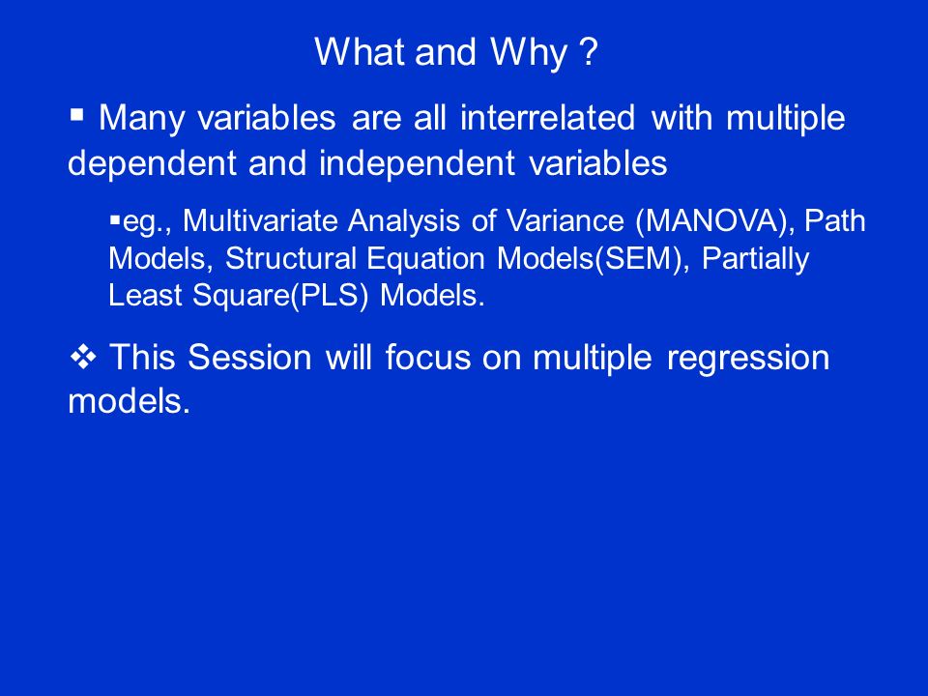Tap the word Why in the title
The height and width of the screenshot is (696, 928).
tap(529, 53)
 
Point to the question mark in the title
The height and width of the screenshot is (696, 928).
tap(590, 51)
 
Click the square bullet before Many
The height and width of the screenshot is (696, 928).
tap(77, 114)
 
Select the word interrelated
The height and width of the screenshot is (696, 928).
tap(547, 117)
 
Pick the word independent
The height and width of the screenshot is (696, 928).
tap(417, 162)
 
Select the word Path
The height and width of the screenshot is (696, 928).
tap(835, 220)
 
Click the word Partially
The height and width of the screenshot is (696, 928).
tap(755, 259)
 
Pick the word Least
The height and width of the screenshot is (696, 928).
tap(145, 295)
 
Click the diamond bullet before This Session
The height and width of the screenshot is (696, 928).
tap(83, 357)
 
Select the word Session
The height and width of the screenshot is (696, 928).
tap(249, 358)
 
